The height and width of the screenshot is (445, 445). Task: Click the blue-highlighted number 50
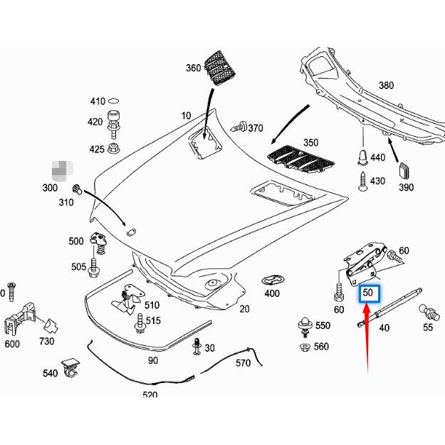pos(369,293)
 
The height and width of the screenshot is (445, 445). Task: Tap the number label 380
pos(385,85)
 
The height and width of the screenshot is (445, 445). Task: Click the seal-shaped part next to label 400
pos(272,278)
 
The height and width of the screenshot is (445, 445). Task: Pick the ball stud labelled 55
pos(429,313)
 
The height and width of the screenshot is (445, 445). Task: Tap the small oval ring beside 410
pos(115,101)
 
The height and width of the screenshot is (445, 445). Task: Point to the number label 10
pos(186,115)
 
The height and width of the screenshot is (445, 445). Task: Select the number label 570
pos(244,362)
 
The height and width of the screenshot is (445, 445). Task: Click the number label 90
pos(154,360)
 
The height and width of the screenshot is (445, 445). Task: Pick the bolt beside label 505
pos(93,268)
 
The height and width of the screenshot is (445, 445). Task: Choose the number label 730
pos(46,342)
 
